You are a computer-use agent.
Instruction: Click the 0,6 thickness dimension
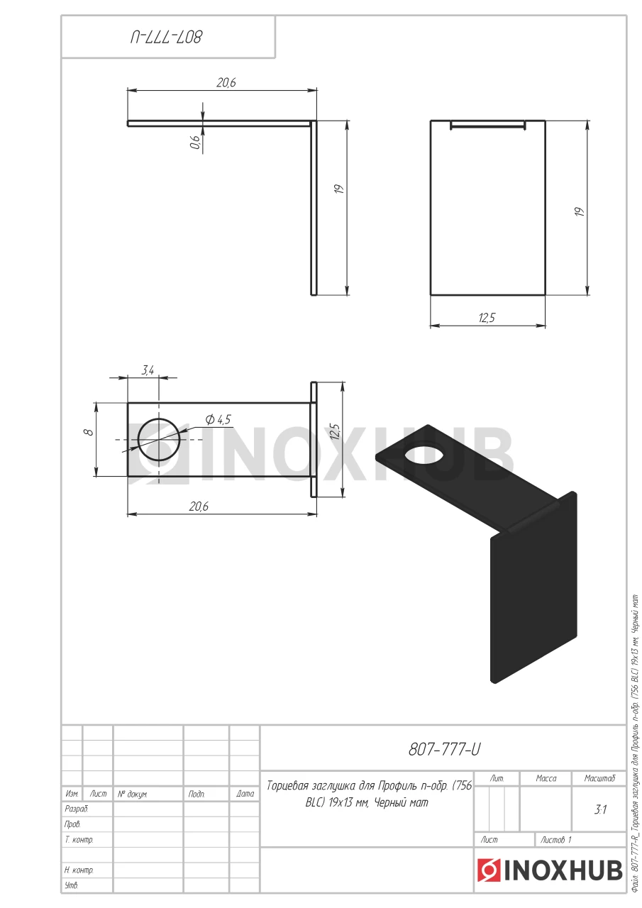(195, 142)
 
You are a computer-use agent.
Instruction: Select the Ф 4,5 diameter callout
(218, 419)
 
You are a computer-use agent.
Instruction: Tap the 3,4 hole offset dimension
(148, 370)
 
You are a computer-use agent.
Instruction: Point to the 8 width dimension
(89, 432)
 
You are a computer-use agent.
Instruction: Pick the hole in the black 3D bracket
(424, 455)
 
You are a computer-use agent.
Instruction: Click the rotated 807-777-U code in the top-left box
(166, 38)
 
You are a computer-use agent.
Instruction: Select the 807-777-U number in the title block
(444, 750)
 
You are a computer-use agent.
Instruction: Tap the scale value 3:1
(600, 809)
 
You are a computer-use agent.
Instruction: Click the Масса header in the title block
(546, 778)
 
